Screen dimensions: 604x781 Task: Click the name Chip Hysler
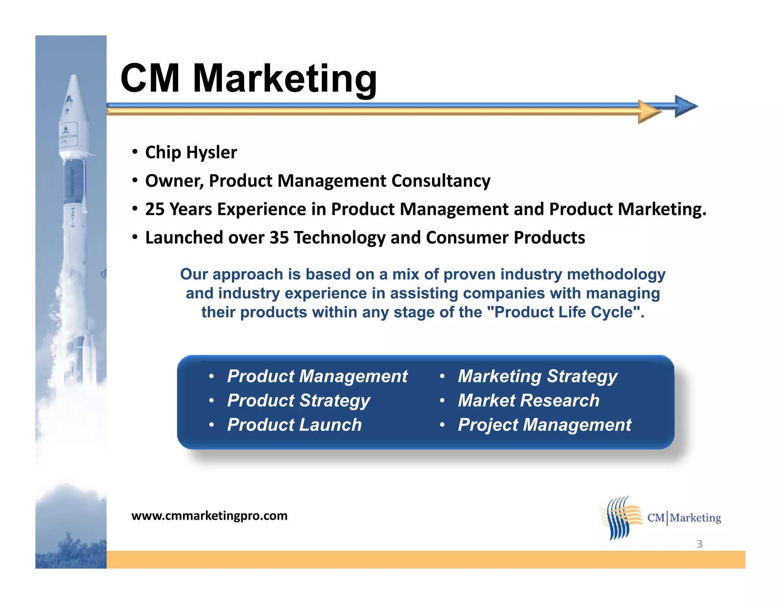(191, 152)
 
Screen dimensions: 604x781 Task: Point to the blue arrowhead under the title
(686, 106)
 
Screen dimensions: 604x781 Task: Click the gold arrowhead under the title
(649, 112)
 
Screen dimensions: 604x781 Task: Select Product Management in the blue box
(317, 376)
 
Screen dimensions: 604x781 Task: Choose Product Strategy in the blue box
(298, 401)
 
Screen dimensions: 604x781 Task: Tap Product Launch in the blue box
(294, 425)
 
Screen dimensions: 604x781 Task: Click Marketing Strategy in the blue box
(537, 376)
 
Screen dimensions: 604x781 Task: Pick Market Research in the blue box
(528, 401)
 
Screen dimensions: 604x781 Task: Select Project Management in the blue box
(544, 425)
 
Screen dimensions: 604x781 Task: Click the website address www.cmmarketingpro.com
(209, 516)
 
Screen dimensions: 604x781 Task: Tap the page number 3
(699, 544)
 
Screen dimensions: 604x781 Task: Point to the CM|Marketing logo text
(684, 518)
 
